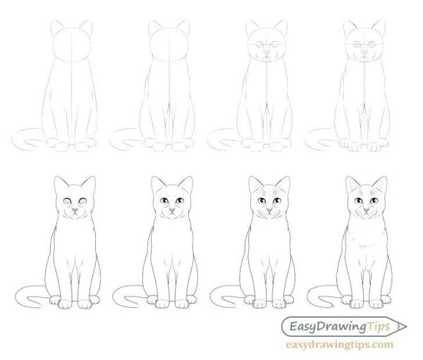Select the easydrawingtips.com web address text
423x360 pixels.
pyautogui.click(x=338, y=345)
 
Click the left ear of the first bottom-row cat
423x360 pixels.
pyautogui.click(x=59, y=187)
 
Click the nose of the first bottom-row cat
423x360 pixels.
pyautogui.click(x=73, y=211)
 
